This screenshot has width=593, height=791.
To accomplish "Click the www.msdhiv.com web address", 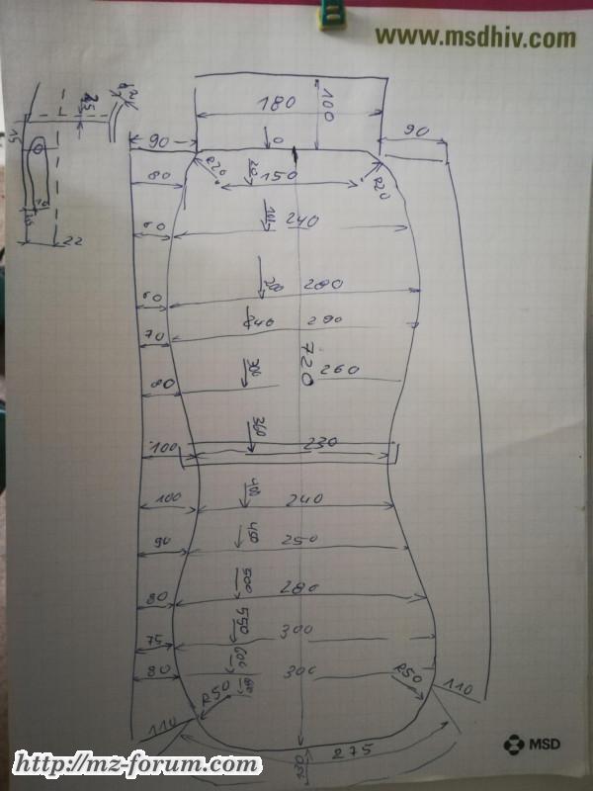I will (x=474, y=38).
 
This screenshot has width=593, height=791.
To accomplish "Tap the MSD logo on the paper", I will (x=530, y=742).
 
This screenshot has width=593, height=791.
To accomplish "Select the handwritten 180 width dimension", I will (x=278, y=103).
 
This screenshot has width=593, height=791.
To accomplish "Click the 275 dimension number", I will (x=354, y=751).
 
